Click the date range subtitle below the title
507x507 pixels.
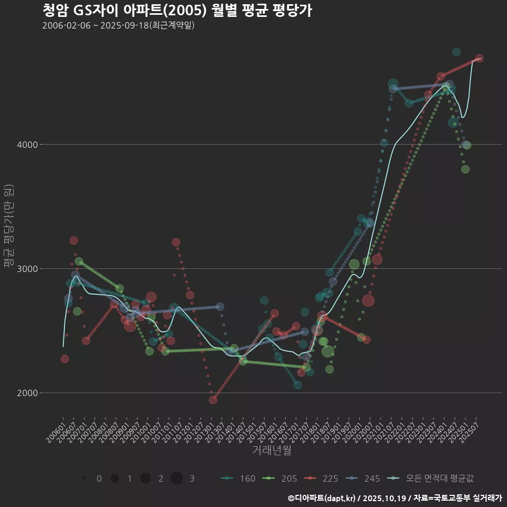coord(118,25)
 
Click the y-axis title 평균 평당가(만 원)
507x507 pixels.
coord(8,226)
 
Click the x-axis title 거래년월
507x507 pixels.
coord(271,450)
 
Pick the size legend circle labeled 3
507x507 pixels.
coord(176,478)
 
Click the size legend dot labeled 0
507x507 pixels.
coord(84,478)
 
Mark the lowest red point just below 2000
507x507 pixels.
coord(213,400)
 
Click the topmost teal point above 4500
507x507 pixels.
coord(456,52)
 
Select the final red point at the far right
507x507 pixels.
coord(479,58)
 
